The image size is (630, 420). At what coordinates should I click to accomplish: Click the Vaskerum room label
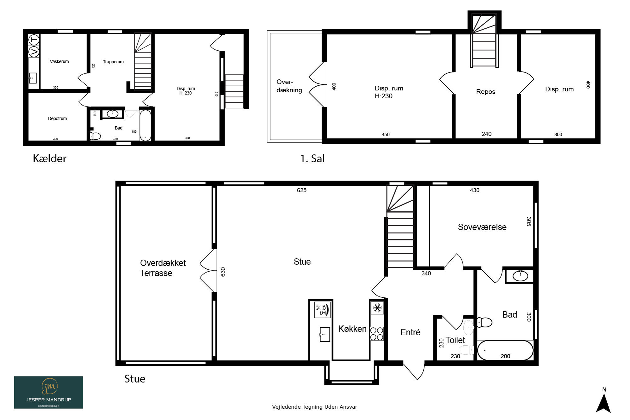click(x=59, y=61)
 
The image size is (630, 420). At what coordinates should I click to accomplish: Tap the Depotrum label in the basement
click(x=57, y=118)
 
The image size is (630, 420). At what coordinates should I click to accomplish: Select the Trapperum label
click(x=113, y=62)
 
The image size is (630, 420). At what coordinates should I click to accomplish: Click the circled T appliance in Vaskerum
click(x=34, y=40)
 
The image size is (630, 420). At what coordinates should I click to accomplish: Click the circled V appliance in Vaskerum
click(x=34, y=52)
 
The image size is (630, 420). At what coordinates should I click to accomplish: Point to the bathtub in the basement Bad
click(x=145, y=125)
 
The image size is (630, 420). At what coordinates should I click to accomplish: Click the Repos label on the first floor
click(x=486, y=92)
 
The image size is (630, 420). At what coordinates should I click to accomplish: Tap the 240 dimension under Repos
click(x=486, y=134)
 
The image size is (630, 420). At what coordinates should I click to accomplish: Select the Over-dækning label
click(x=289, y=86)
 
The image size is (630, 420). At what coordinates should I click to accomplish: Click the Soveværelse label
click(x=482, y=227)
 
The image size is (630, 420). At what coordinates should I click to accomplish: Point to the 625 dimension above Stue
click(x=301, y=190)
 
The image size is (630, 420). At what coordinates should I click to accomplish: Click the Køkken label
click(x=352, y=329)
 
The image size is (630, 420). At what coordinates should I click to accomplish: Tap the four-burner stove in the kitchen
click(x=377, y=334)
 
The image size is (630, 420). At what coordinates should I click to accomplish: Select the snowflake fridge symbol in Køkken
click(x=377, y=308)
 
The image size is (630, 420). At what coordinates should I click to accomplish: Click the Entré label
click(x=410, y=332)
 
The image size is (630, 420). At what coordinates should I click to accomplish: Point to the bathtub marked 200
click(x=505, y=350)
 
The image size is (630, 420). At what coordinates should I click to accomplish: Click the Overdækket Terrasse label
click(x=163, y=268)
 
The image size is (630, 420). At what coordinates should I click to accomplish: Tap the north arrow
click(x=604, y=403)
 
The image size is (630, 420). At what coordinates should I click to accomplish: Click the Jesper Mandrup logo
click(x=49, y=392)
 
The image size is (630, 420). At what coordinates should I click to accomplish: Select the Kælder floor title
click(x=49, y=158)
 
